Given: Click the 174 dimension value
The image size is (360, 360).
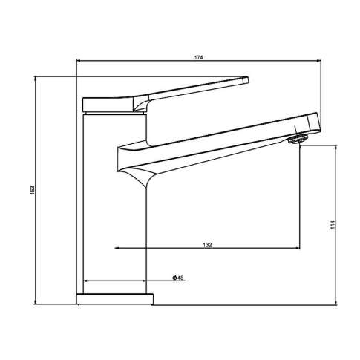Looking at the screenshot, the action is tap(198, 57).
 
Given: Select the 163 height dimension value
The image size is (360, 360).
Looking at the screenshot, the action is tap(33, 190).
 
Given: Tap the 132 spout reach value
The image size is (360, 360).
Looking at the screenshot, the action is tap(207, 245).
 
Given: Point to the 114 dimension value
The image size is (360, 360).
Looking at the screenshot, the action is tap(333, 224).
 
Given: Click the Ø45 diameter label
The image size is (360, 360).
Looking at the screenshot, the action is tap(178, 278).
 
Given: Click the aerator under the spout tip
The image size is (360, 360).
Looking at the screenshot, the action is tap(298, 139).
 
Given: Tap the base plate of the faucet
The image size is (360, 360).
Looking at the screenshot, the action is tap(115, 299).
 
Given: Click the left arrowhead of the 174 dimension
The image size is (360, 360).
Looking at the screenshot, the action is tap(78, 60).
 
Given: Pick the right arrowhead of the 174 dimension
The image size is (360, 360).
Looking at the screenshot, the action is tap(319, 60).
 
